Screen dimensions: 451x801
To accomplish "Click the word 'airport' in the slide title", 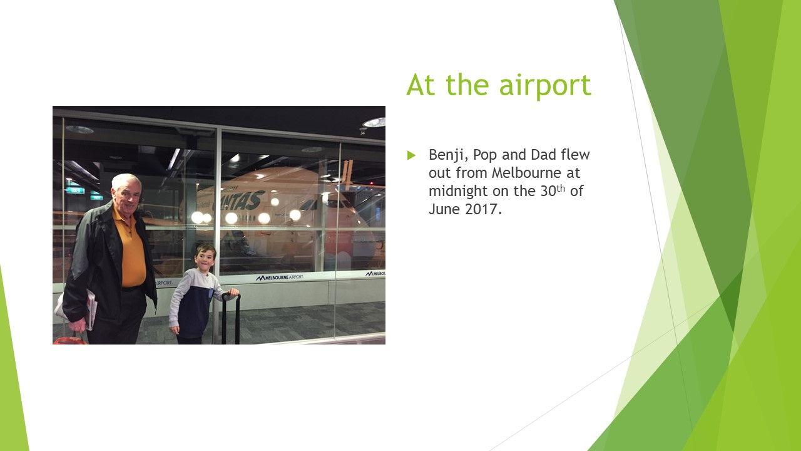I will point(545,86).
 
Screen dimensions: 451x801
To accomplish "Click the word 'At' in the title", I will point(421,85).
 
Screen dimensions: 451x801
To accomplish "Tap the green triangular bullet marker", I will point(411,155).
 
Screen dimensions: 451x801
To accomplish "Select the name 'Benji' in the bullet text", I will point(447,155).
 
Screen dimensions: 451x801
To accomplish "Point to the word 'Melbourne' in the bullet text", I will point(522,172).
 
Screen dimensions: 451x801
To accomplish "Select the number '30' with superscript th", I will point(548,191).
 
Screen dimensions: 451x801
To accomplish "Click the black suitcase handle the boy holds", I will point(230,296).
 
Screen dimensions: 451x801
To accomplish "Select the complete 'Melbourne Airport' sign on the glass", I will point(280,277).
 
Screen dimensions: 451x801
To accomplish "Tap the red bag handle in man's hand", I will point(70,340).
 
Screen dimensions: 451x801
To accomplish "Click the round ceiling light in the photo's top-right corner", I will point(374,122).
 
